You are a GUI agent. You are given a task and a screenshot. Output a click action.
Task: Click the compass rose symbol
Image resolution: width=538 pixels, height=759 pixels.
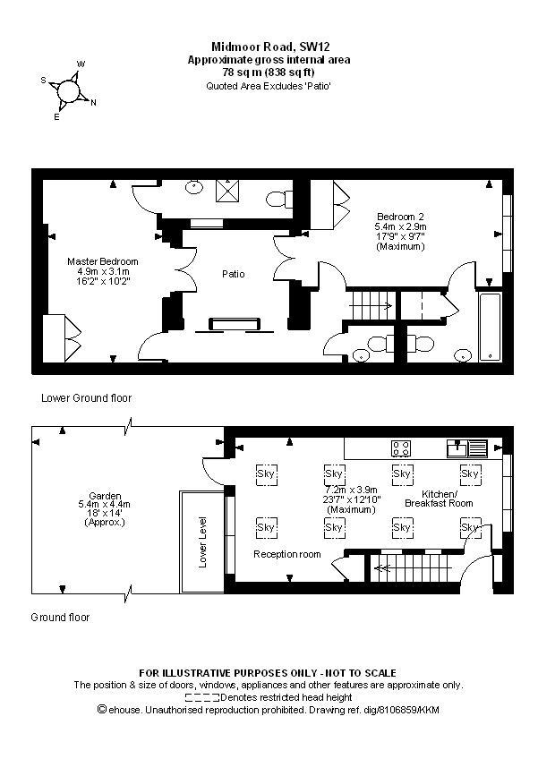(69, 90)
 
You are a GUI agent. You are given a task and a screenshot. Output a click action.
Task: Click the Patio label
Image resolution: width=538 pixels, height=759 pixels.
(233, 274)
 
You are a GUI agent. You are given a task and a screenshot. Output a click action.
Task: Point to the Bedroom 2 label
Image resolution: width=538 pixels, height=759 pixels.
(401, 217)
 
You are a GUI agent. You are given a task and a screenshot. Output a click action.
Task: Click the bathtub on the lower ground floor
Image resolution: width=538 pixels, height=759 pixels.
(492, 326)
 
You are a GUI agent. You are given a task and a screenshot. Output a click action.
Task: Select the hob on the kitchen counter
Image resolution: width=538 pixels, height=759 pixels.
(400, 448)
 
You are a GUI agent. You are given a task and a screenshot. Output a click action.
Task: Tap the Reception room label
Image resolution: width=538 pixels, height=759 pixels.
(286, 555)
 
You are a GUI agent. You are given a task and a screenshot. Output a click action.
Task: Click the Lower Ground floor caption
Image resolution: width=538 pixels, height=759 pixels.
(87, 397)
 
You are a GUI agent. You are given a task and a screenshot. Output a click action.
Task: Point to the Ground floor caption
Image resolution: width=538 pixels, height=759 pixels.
(61, 618)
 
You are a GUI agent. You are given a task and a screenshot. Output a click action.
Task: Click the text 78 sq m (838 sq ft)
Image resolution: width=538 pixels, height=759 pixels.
(269, 72)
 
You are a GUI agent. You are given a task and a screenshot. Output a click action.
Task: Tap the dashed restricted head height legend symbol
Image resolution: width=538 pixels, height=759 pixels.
(202, 697)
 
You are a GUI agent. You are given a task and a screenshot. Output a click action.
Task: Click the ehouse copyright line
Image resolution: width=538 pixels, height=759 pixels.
(269, 710)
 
